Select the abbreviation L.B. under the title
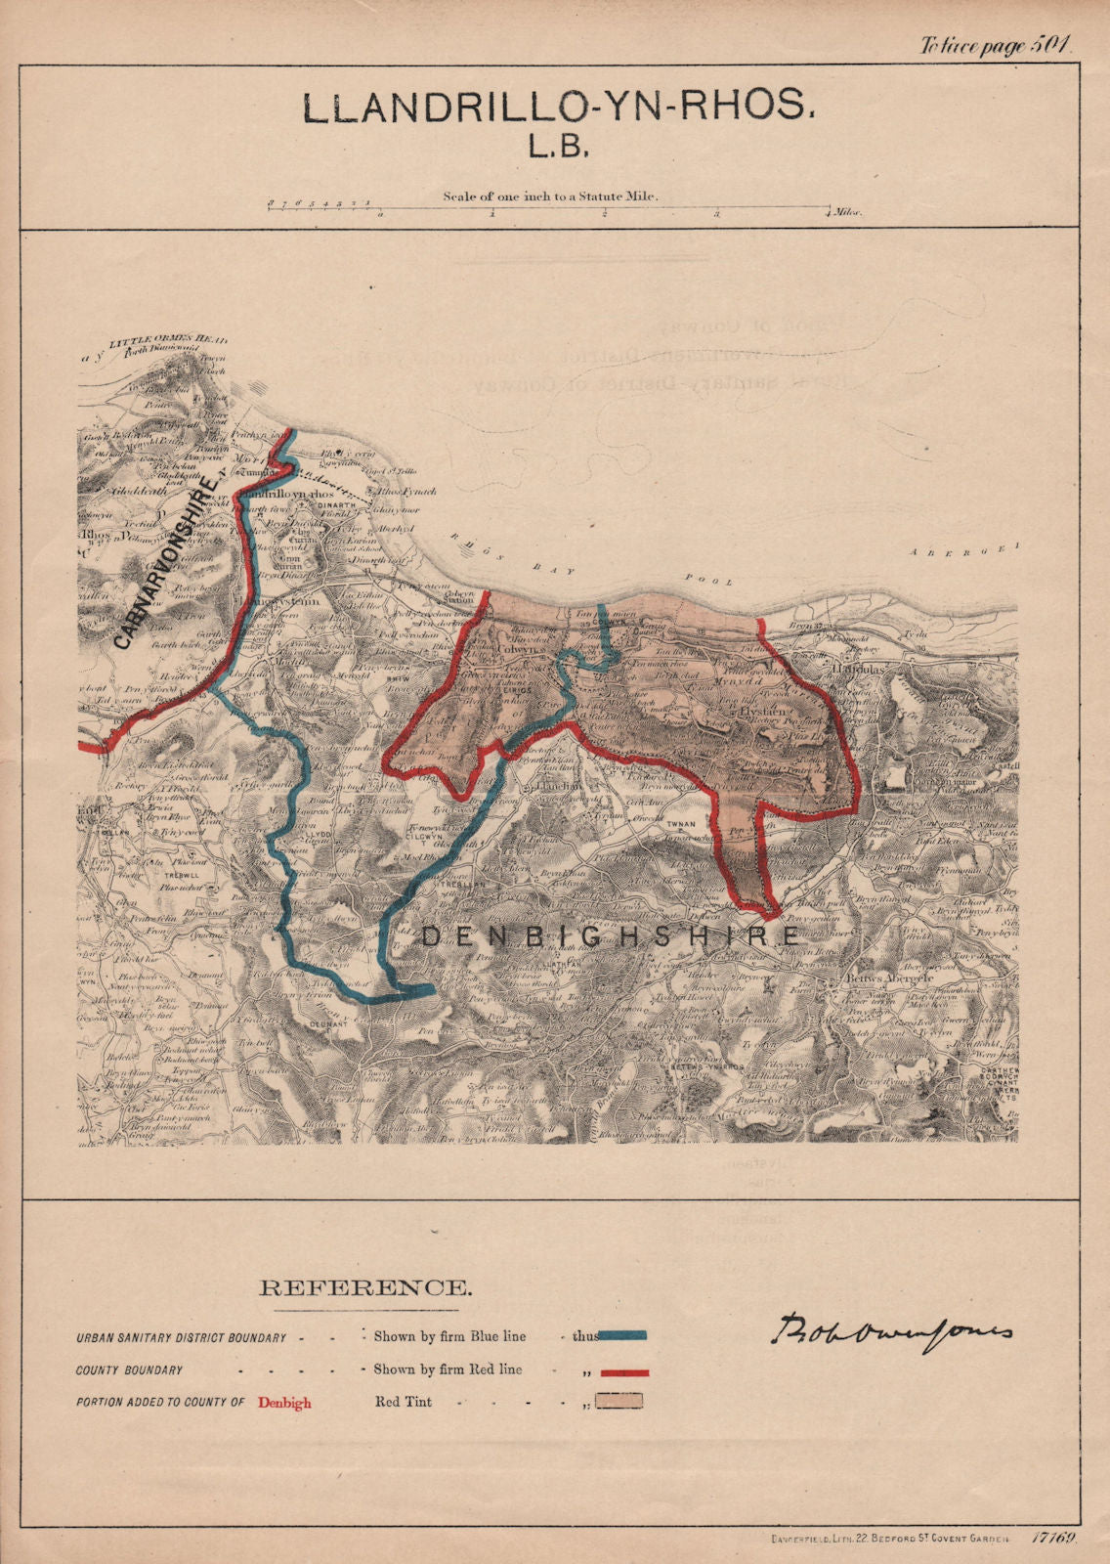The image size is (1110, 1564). click(558, 147)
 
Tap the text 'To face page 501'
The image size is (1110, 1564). click(995, 45)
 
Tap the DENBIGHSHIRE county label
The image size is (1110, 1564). click(611, 936)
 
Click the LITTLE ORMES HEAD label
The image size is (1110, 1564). click(168, 341)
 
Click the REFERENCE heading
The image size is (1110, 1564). click(364, 1288)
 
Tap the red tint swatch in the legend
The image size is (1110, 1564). click(620, 1402)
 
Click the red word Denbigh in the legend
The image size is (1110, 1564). click(284, 1403)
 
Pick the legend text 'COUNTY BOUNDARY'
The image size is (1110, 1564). click(129, 1370)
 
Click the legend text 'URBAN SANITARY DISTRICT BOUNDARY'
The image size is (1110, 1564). click(182, 1337)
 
